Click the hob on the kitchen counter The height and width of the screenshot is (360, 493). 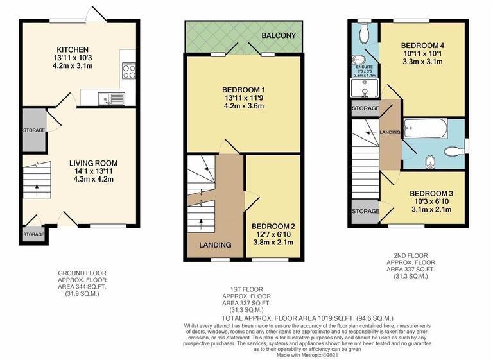tap(127, 71)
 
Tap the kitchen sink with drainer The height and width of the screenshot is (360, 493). tap(112, 98)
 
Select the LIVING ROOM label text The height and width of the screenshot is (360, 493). tap(96, 162)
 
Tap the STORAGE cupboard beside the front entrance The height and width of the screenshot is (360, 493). tap(33, 234)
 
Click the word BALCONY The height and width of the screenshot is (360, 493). tap(278, 35)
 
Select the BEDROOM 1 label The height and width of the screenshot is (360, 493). tap(244, 89)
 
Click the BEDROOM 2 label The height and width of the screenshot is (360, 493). tap(273, 226)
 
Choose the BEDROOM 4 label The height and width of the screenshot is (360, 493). tap(422, 46)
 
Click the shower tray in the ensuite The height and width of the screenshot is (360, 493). tap(364, 88)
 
